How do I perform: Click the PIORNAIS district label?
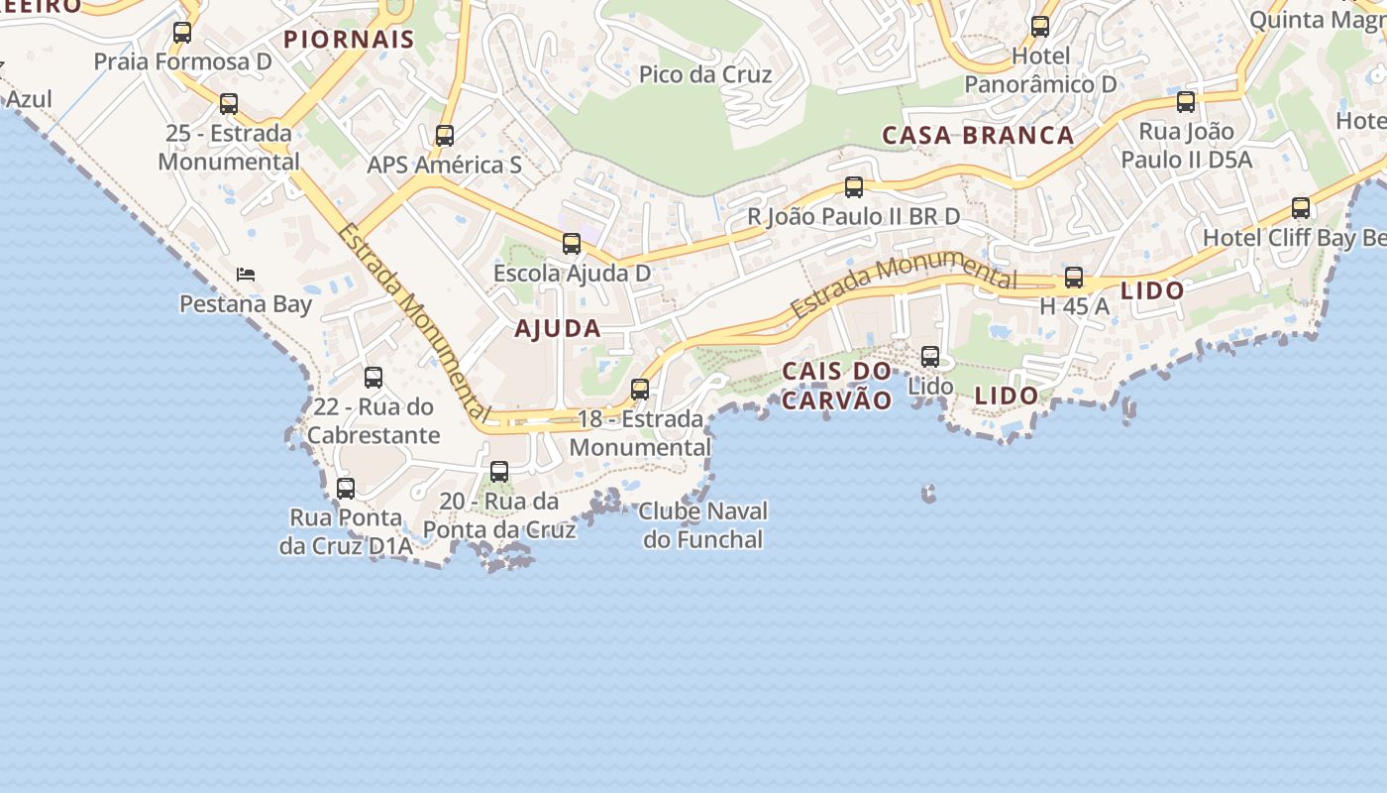[x=349, y=40]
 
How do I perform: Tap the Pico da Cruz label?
[x=704, y=74]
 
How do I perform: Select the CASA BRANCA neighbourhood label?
[x=978, y=136]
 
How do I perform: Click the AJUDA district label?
[x=558, y=329]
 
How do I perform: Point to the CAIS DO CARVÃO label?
[x=837, y=386]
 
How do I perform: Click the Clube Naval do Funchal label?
[x=702, y=525]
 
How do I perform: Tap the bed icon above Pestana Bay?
[x=246, y=274]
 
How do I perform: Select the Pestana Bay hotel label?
[x=246, y=304]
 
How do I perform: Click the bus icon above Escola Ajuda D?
[x=572, y=244]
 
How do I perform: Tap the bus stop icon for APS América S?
[x=445, y=136]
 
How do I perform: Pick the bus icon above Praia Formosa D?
[x=182, y=33]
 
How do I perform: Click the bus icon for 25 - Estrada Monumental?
[x=229, y=103]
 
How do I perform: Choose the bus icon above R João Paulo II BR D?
[x=853, y=187]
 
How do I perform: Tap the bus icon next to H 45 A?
[x=1074, y=278]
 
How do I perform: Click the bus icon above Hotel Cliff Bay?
[x=1301, y=208]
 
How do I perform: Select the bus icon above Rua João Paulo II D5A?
[x=1186, y=102]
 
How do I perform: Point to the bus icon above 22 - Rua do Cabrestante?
[x=373, y=378]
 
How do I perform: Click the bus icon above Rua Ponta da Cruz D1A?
[x=346, y=489]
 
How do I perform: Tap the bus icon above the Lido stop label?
[x=930, y=357]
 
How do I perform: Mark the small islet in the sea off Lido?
[x=928, y=493]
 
